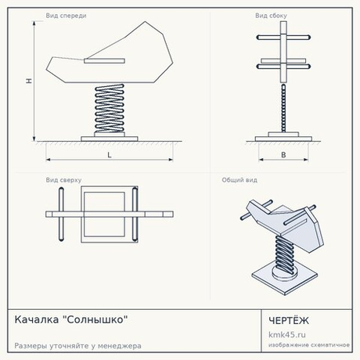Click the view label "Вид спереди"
click(x=66, y=16)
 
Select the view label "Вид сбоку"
click(x=271, y=16)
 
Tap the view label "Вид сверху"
click(x=63, y=180)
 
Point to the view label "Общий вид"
click(x=239, y=180)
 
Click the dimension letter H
click(x=29, y=81)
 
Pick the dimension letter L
click(x=110, y=155)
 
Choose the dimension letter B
click(x=283, y=155)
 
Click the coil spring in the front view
click(x=110, y=108)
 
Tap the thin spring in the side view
click(x=283, y=108)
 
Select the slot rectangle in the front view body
click(x=104, y=61)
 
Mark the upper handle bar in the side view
click(x=283, y=38)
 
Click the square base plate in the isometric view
click(x=285, y=279)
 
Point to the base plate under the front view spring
click(x=110, y=139)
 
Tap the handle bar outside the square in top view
click(x=61, y=214)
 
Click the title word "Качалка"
click(x=37, y=319)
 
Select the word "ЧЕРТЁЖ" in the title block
click(x=289, y=320)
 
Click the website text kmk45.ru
click(x=287, y=334)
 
